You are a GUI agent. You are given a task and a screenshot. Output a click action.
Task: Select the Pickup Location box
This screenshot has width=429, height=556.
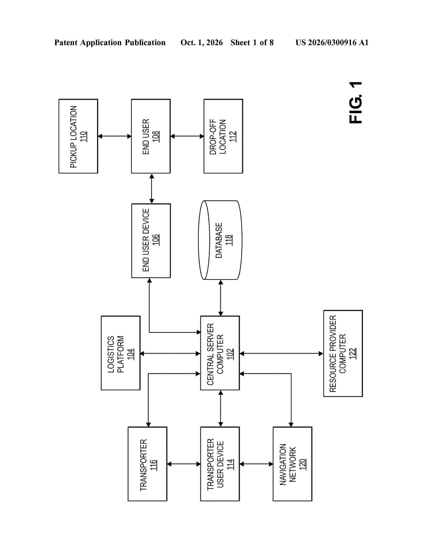click(x=78, y=136)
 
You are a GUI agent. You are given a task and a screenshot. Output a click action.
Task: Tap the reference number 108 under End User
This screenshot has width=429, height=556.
click(x=156, y=136)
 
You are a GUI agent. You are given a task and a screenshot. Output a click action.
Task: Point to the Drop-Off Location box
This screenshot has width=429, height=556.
click(x=223, y=136)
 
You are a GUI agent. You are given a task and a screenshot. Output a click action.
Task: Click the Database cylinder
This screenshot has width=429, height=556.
click(x=220, y=240)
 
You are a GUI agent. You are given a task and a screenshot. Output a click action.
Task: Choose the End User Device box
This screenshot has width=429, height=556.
click(x=151, y=241)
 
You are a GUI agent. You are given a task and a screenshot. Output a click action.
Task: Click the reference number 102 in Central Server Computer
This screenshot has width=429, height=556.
click(x=230, y=354)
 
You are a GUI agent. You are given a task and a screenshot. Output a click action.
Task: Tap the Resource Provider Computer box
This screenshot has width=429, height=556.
click(x=343, y=353)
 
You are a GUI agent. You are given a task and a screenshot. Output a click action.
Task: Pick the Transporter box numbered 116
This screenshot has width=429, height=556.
click(x=147, y=464)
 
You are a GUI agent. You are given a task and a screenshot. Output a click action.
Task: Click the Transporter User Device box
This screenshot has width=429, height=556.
click(x=220, y=464)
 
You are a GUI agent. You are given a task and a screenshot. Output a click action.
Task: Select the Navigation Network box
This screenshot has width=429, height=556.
click(x=293, y=464)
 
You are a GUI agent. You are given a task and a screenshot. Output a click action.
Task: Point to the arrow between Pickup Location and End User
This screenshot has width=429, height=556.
click(x=115, y=136)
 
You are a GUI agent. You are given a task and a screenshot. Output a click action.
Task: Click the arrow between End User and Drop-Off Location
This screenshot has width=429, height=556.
click(x=187, y=136)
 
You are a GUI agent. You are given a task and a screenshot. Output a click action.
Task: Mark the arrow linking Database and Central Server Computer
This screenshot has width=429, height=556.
click(x=221, y=298)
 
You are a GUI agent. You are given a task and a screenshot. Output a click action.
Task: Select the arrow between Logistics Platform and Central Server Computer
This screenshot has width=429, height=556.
click(x=170, y=353)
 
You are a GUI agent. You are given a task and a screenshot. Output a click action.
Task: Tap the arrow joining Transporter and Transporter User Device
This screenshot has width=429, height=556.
click(x=184, y=464)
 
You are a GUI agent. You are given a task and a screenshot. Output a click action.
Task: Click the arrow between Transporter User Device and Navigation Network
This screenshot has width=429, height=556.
click(x=256, y=464)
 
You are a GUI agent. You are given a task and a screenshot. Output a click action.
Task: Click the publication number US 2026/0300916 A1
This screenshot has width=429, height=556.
click(x=332, y=42)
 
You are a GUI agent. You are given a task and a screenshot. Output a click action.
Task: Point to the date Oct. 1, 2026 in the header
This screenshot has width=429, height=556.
click(x=202, y=42)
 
